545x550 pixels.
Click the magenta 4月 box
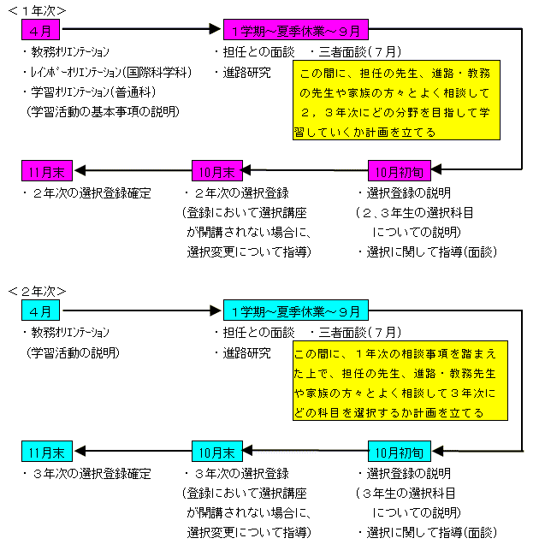pos(40,30)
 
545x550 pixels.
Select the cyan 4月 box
pos(40,310)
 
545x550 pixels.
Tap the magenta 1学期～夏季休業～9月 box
pos(296,30)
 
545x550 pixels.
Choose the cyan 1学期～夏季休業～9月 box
pos(296,310)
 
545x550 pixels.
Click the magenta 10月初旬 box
pos(400,171)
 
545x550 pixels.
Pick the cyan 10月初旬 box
pos(400,451)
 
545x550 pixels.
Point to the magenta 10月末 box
pos(217,171)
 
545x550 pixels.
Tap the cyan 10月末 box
pos(217,451)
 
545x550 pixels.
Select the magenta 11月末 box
pos(47,171)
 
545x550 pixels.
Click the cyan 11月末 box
pos(47,451)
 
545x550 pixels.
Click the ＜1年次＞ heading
pos(37,11)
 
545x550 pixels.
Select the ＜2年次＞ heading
pos(37,291)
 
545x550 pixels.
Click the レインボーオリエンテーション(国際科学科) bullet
pos(107,72)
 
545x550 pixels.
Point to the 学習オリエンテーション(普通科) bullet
pos(89,92)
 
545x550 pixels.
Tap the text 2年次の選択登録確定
pos(87,193)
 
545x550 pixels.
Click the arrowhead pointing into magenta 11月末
pos(80,170)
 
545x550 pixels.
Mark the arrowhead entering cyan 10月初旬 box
pos(437,451)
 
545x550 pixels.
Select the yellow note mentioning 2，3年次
pos(396,100)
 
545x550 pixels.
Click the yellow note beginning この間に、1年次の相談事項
pos(400,381)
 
